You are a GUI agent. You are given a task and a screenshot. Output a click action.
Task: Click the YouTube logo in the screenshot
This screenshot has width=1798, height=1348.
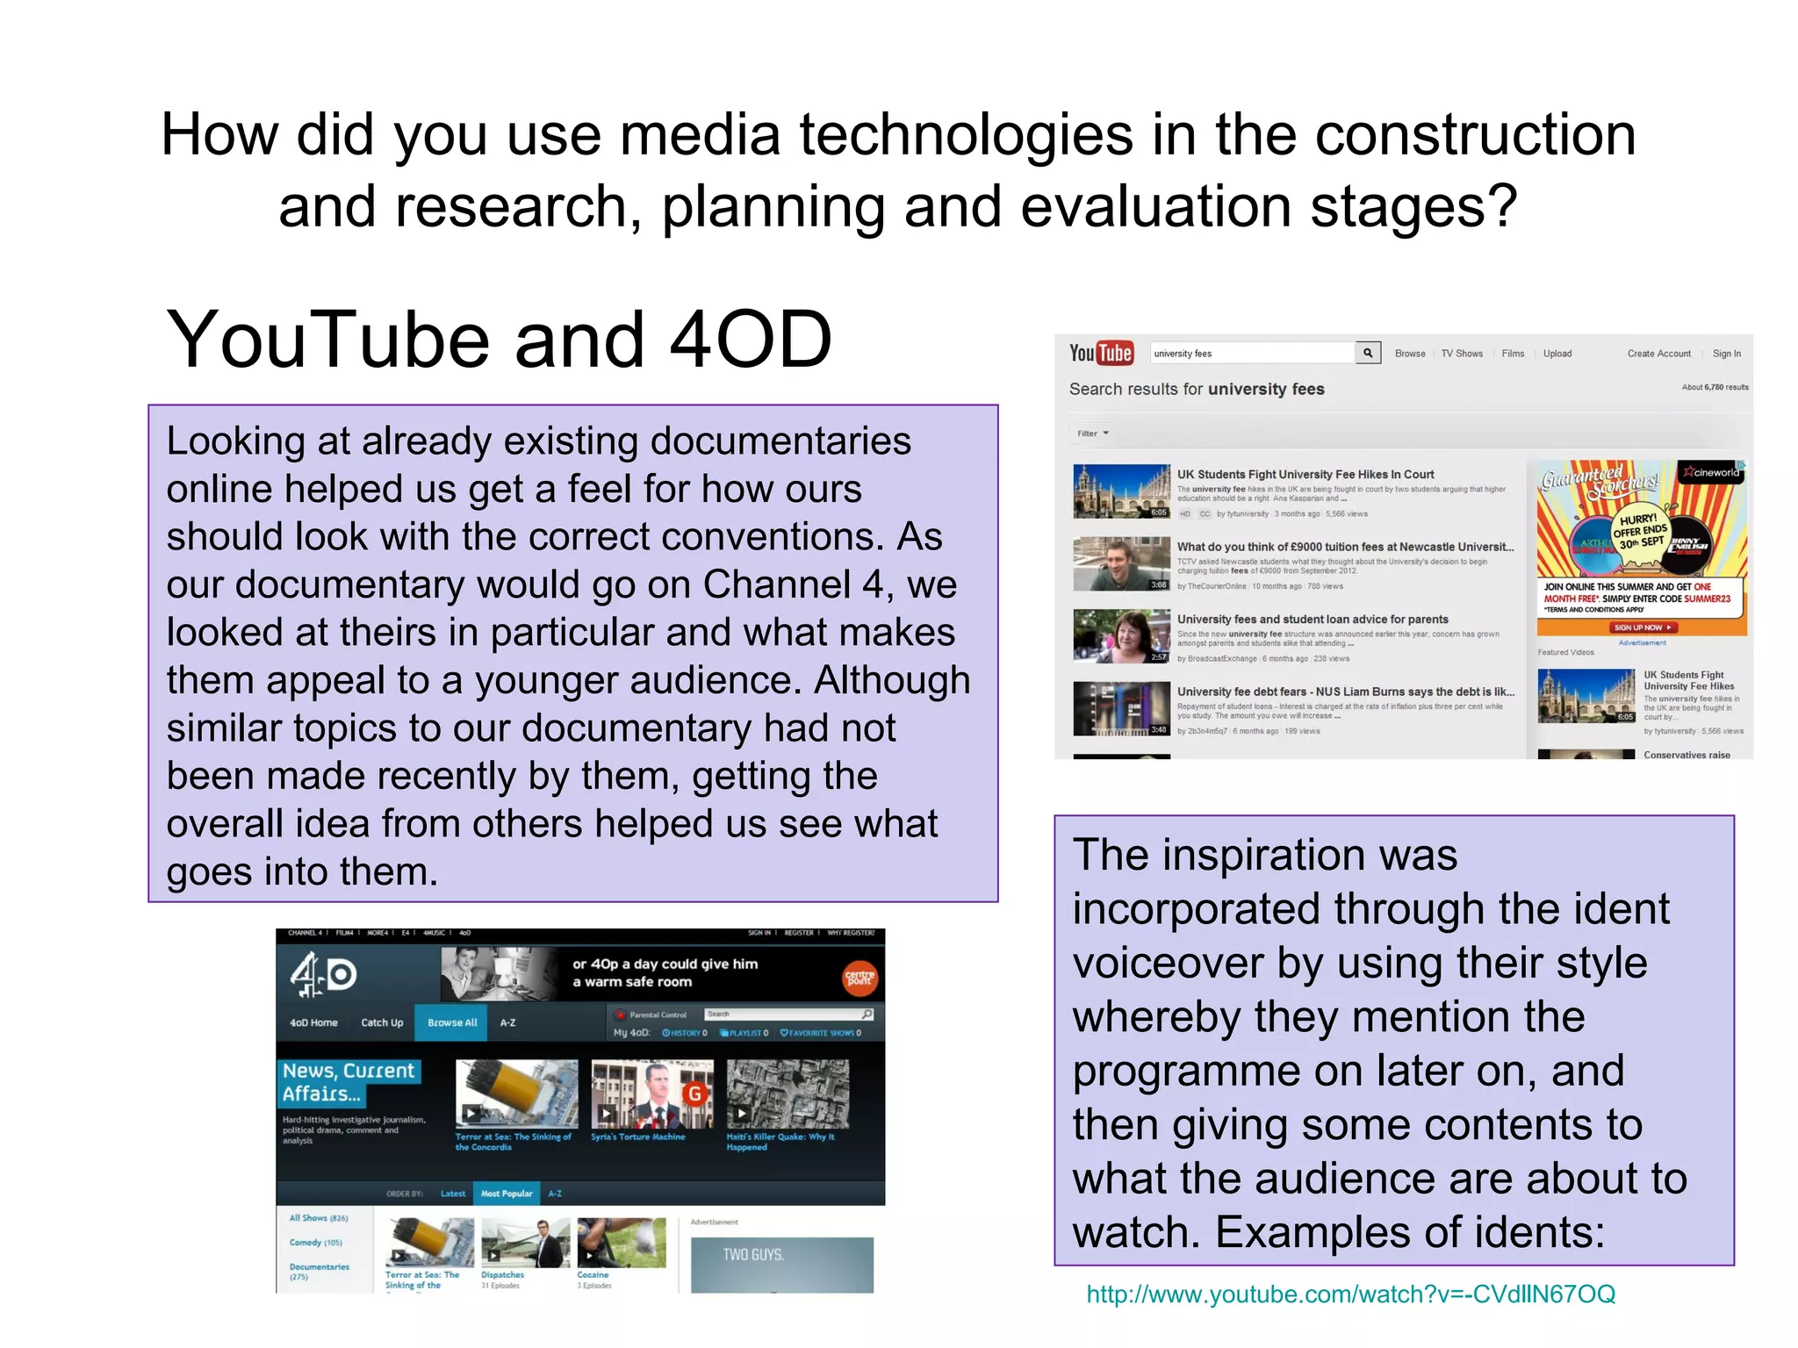1101,353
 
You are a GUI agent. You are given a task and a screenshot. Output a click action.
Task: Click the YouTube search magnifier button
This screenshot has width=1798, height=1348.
1368,353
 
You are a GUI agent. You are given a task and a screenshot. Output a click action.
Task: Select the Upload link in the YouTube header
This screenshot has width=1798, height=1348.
1557,354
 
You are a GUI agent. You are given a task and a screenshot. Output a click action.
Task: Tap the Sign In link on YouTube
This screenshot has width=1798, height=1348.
1726,354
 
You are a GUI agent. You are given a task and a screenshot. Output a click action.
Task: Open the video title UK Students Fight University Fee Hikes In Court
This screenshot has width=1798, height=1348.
1305,475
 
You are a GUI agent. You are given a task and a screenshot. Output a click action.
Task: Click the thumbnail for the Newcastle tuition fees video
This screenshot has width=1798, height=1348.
1121,563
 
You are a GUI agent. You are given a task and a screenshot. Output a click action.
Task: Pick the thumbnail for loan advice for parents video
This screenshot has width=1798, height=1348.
1121,636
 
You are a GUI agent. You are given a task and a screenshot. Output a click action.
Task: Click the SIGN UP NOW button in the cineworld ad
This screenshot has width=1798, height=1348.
1642,627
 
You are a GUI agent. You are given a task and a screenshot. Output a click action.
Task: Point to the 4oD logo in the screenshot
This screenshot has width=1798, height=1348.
322,975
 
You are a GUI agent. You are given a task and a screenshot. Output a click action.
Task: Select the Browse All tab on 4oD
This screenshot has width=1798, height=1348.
452,1022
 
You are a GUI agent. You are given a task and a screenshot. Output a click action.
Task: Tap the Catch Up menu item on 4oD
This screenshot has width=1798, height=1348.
382,1022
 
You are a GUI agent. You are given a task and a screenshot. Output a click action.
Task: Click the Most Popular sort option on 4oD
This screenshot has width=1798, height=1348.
507,1194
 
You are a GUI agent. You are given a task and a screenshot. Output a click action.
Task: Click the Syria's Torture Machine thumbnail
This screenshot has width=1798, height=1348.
651,1093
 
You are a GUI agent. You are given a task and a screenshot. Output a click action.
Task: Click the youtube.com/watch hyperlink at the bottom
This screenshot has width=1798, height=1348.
1350,1294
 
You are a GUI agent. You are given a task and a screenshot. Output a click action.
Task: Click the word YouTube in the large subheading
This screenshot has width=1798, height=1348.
327,341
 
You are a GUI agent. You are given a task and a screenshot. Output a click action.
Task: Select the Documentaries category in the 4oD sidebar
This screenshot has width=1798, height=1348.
320,1267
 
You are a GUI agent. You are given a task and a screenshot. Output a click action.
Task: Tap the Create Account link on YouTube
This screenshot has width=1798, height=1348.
1658,354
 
